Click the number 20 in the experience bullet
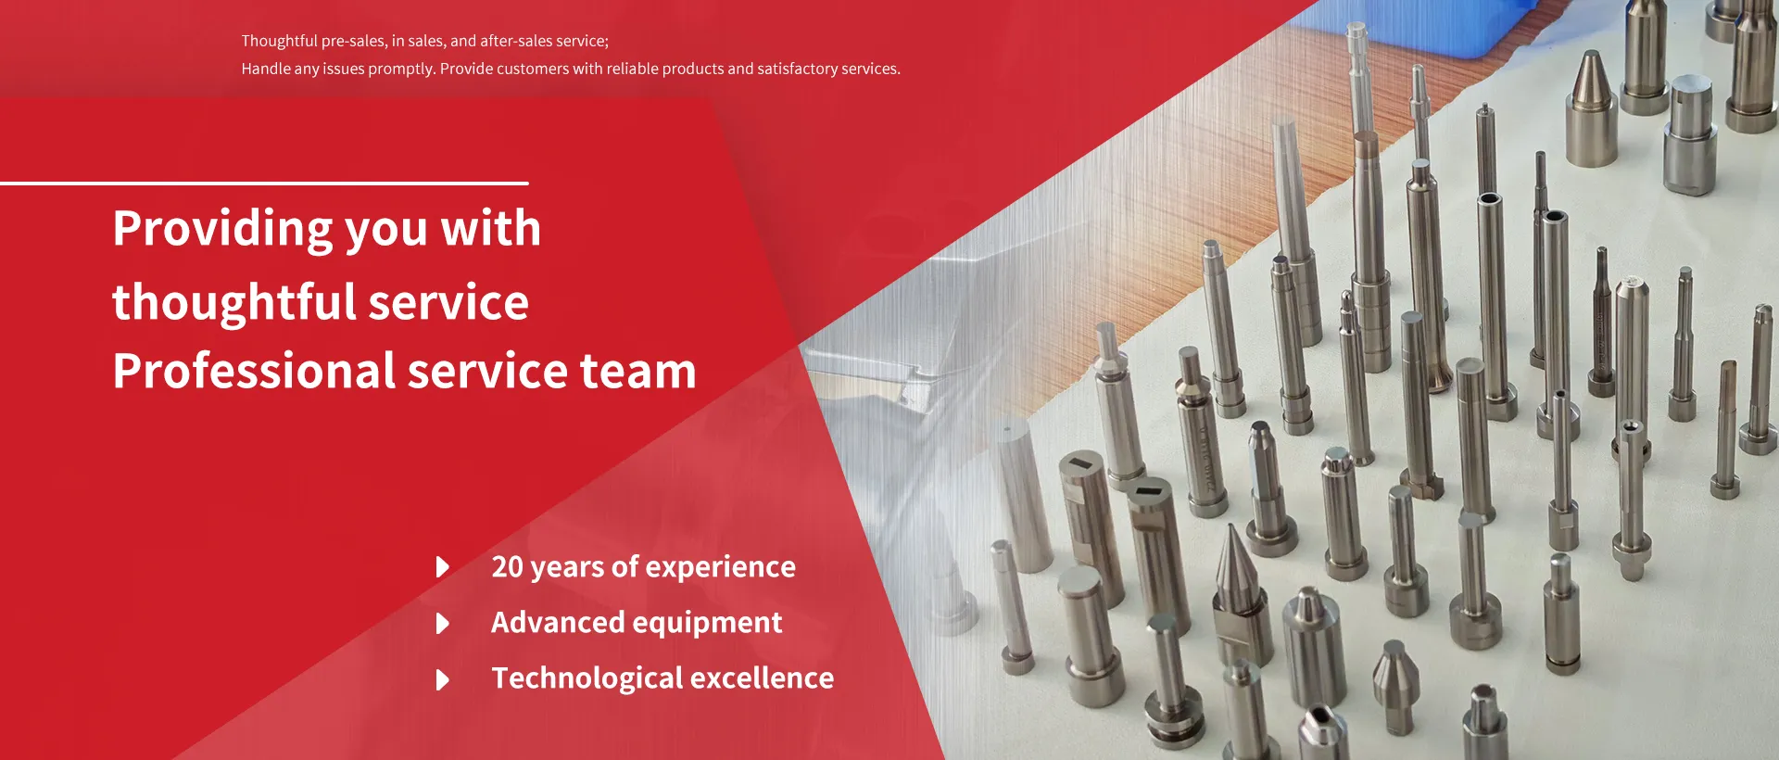click(508, 566)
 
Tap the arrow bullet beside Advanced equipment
click(443, 624)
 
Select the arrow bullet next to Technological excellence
click(443, 679)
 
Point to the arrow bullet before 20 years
click(443, 567)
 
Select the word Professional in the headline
click(254, 371)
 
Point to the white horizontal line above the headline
click(264, 184)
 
